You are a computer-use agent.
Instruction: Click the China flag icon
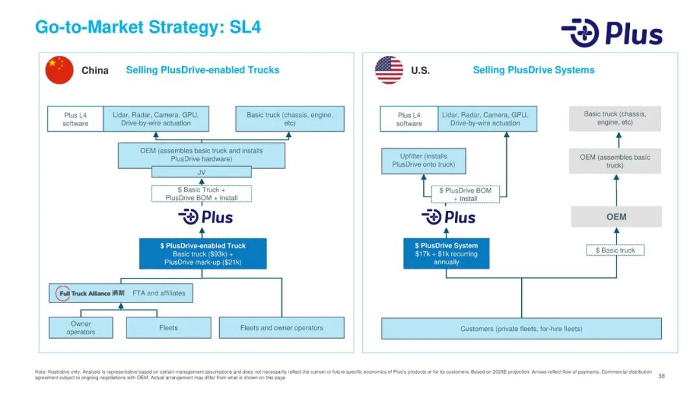point(60,70)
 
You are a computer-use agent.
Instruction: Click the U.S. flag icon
point(389,70)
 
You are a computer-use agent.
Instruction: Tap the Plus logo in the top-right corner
point(612,32)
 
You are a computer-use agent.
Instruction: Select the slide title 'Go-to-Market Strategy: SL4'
point(148,27)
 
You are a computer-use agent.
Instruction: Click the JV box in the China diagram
point(201,172)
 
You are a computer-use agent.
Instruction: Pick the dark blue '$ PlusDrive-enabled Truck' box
point(203,254)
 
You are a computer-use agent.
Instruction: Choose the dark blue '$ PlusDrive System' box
point(446,254)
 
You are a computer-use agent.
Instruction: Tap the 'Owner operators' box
point(81,328)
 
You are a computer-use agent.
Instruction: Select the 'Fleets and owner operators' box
point(281,328)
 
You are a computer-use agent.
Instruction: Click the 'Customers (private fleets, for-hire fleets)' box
point(521,328)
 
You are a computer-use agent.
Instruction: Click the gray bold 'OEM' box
point(616,217)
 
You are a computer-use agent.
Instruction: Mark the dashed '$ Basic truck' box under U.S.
point(615,251)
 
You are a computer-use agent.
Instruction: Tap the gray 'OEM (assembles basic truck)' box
point(614,161)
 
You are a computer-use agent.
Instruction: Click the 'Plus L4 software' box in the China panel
point(75,119)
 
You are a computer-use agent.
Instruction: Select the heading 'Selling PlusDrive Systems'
point(533,70)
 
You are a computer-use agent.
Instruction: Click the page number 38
point(661,376)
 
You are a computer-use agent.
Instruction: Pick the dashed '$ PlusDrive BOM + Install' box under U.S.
point(465,195)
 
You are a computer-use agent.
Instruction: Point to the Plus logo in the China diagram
point(205,217)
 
